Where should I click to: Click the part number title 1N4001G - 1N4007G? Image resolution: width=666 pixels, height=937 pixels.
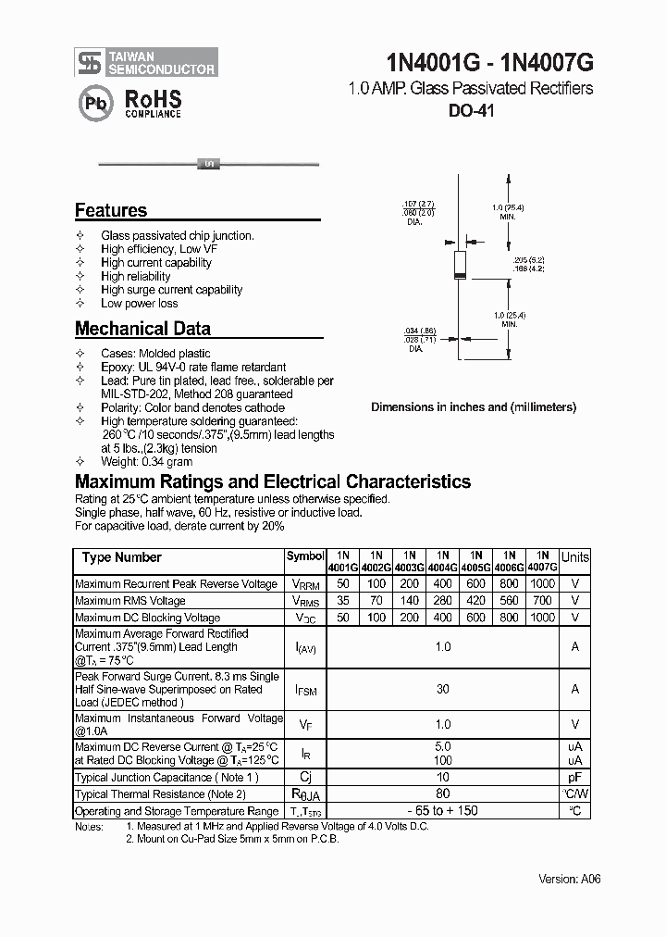click(489, 62)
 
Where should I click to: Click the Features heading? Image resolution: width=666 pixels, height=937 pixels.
click(111, 210)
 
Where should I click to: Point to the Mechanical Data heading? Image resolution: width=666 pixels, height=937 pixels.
click(142, 329)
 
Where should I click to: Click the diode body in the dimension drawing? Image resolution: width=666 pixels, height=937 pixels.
click(459, 264)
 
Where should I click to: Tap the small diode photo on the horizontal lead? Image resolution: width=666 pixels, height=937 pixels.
click(208, 164)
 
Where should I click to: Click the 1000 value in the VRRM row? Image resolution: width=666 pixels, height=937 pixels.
click(542, 584)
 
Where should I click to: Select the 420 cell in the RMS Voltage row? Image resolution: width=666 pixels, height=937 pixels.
click(475, 601)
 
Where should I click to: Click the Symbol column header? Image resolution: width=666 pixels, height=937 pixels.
click(305, 556)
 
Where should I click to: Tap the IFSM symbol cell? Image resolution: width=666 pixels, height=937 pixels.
click(305, 690)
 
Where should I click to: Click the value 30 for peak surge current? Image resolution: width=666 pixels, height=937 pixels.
click(443, 689)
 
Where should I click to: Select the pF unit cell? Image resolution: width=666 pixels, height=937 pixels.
click(574, 778)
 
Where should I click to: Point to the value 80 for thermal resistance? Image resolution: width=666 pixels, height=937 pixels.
click(443, 794)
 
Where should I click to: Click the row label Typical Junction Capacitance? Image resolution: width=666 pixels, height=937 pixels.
click(166, 778)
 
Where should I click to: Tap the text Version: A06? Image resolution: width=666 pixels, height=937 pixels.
click(570, 879)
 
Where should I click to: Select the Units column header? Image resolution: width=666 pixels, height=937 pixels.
click(574, 557)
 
